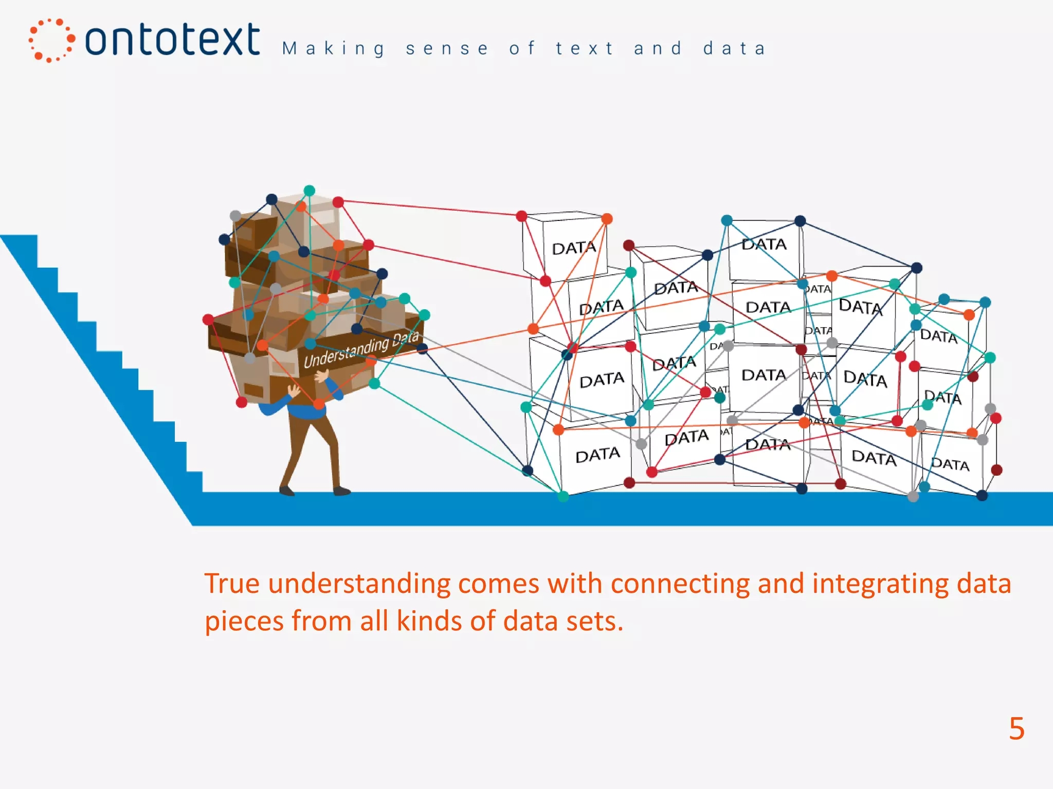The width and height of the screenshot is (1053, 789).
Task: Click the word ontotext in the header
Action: click(x=172, y=40)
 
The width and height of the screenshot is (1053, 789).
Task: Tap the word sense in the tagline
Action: click(x=447, y=49)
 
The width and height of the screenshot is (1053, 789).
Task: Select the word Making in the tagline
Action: click(x=333, y=49)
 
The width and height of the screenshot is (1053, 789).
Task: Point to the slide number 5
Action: click(x=1016, y=728)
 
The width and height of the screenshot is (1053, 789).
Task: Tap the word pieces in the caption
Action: click(x=244, y=622)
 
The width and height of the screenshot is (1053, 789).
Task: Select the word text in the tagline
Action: click(x=585, y=49)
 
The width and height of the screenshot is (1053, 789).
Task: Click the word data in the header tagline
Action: click(x=734, y=49)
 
